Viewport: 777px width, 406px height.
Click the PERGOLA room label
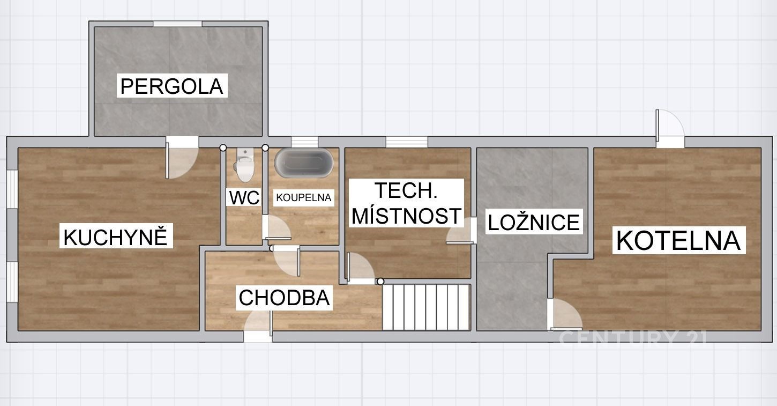pos(171,86)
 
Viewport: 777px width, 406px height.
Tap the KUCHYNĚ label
pos(116,237)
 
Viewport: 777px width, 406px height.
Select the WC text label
pos(244,197)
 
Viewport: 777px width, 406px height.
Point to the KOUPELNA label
pos(303,197)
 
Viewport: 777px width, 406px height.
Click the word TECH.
pos(406,190)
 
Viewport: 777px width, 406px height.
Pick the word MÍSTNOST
pos(407,216)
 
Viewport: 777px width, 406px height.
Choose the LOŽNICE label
pos(534,223)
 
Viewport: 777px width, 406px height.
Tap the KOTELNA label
pos(678,240)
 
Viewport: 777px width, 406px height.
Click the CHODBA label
pos(284,298)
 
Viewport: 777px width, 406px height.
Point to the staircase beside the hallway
pos(427,307)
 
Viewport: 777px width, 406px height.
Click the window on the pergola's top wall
pos(177,24)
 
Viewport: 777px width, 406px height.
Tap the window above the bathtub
pos(304,142)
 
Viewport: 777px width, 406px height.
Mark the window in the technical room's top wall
pos(407,142)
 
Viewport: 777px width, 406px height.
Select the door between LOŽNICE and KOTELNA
pos(565,314)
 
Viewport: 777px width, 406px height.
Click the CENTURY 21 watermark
pos(633,337)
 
